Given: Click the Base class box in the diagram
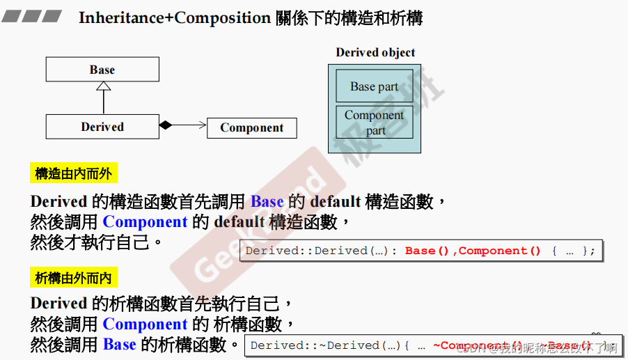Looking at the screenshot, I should pos(102,70).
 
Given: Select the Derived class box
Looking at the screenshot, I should pos(102,127).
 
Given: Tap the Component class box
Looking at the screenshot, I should pos(251,127).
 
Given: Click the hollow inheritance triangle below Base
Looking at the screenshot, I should pos(103,86).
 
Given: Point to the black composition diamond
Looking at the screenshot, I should pos(165,125).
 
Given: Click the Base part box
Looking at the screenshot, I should pos(374,86).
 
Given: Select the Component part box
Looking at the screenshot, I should pos(374,122).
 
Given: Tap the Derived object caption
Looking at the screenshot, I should pos(375,52).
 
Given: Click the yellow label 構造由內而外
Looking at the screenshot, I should pos(73,173).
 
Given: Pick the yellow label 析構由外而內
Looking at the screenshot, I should pos(73,278).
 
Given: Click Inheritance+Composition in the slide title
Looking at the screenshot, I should pos(174,17).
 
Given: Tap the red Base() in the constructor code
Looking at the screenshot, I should pos(427,251).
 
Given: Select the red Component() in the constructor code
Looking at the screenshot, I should pos(499,251).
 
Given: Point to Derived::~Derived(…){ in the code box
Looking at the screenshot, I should pos(330,345).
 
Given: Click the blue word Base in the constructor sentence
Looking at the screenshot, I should pos(267,202).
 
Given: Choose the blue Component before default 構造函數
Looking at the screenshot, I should pos(145,222).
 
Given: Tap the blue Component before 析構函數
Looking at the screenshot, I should pos(145,324).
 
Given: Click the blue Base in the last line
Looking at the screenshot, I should pos(119,344).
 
